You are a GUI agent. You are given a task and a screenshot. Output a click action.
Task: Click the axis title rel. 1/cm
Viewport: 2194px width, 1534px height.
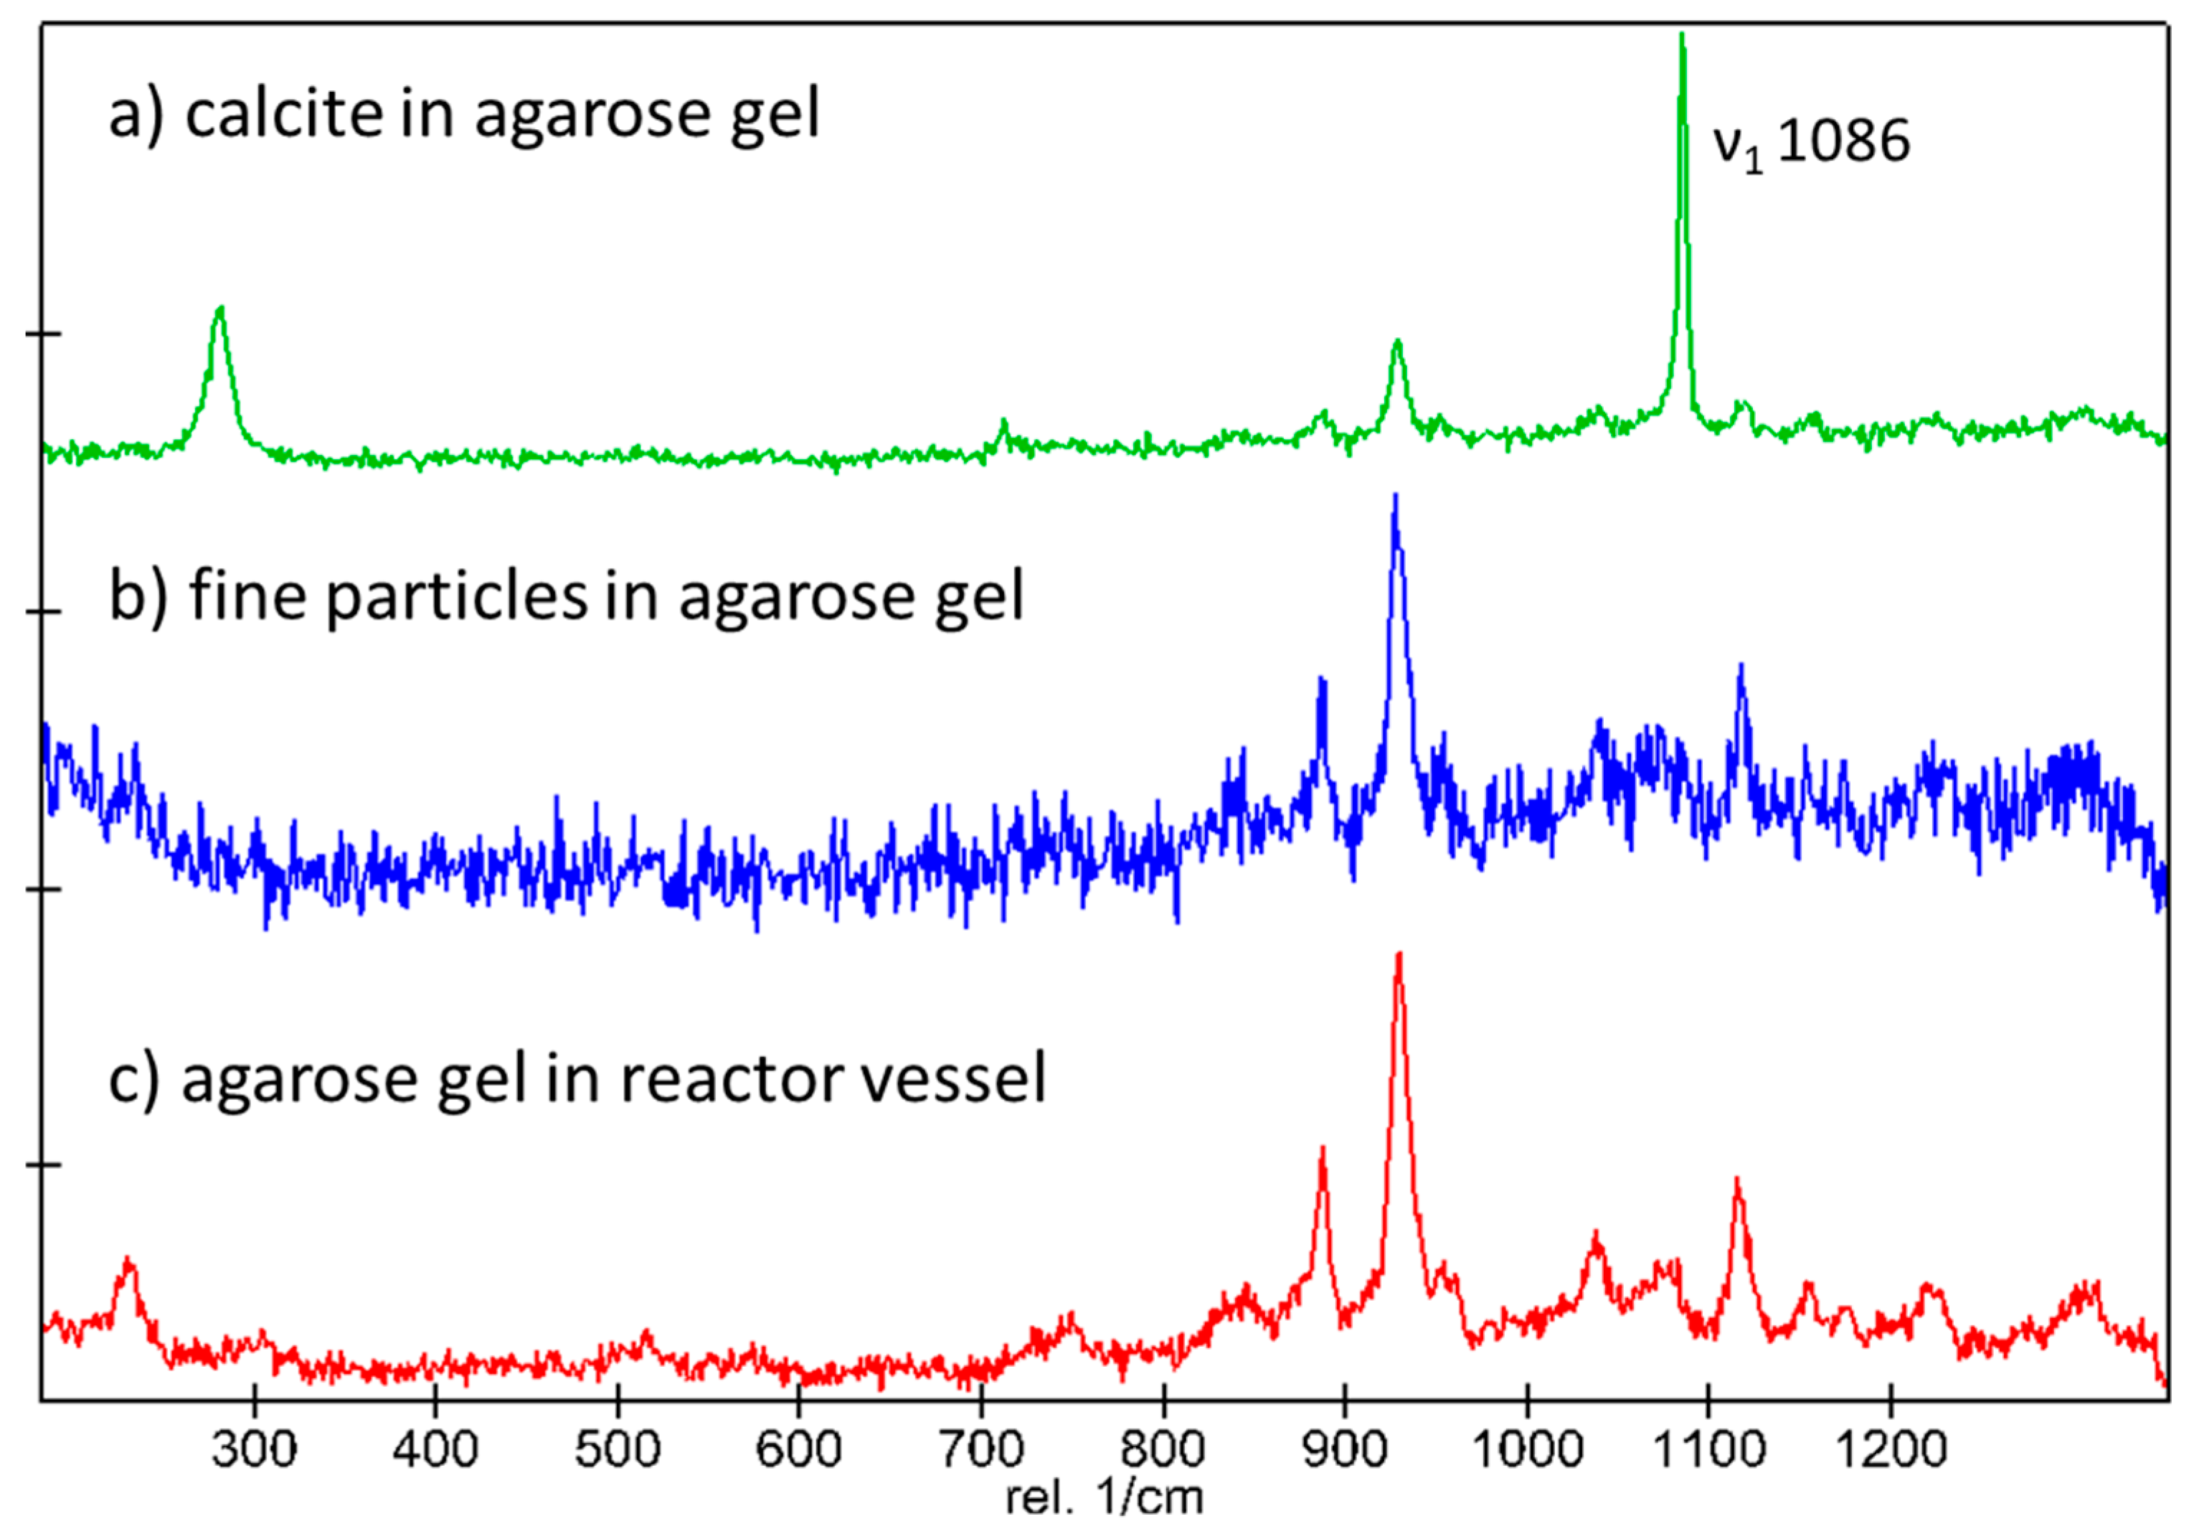1105,1497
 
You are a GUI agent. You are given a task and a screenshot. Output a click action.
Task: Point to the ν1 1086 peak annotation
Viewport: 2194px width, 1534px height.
1811,143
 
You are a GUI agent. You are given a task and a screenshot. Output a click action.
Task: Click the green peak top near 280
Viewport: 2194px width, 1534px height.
221,309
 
